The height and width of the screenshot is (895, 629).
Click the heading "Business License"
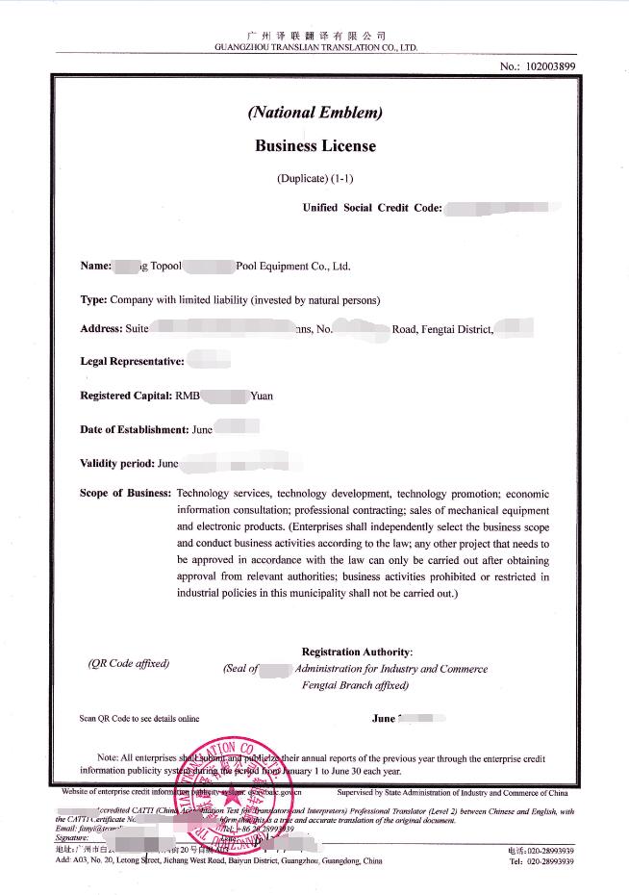(x=315, y=146)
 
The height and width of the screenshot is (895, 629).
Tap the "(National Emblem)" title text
(x=315, y=113)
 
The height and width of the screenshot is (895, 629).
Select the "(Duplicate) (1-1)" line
(x=315, y=178)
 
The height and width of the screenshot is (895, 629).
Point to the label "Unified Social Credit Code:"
(x=372, y=207)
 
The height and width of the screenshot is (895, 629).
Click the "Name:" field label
(x=96, y=267)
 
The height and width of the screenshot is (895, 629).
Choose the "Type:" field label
(x=93, y=299)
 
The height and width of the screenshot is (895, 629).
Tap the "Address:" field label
(x=102, y=329)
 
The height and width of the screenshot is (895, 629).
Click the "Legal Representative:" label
(x=131, y=362)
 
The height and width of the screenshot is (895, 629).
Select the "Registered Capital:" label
(x=126, y=396)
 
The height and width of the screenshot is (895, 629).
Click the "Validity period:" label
(x=117, y=463)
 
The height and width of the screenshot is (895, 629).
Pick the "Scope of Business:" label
(x=126, y=494)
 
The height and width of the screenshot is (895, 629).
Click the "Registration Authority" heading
(x=356, y=652)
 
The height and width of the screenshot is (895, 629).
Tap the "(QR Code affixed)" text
(x=128, y=663)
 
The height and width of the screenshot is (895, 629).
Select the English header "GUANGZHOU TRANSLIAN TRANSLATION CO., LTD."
(x=315, y=47)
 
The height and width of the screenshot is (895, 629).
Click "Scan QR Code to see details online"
(x=138, y=718)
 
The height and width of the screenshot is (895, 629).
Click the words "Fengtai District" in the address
(x=457, y=329)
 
